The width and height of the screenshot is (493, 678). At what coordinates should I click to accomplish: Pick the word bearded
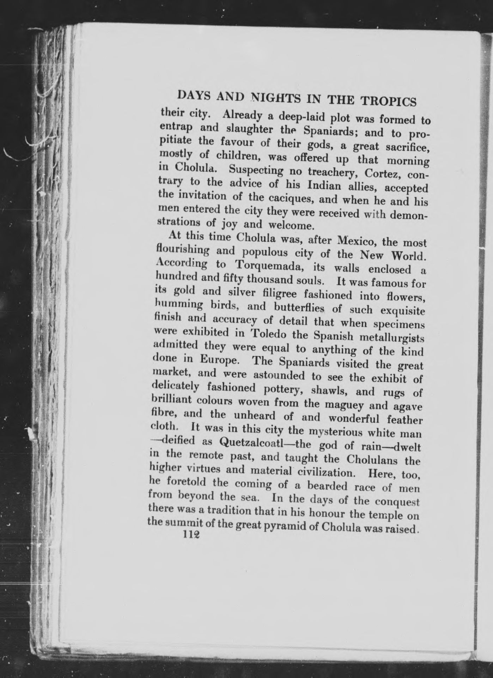click(327, 487)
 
